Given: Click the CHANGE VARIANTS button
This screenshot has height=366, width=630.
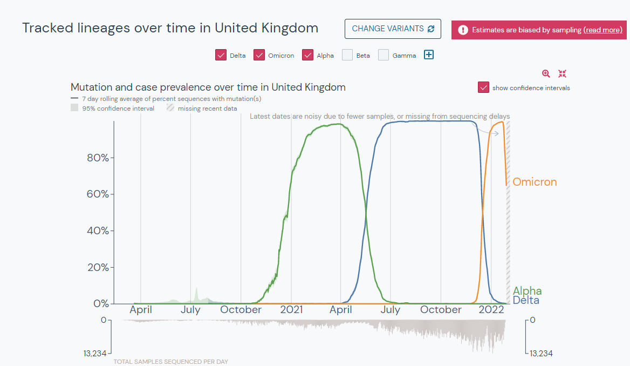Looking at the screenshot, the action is [393, 29].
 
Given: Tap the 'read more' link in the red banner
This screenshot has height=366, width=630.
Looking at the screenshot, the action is [602, 30].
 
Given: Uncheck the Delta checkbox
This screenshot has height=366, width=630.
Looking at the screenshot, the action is [221, 55].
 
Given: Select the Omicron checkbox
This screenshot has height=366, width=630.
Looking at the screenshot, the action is [259, 55].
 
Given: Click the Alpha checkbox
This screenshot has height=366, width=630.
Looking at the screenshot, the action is [308, 55].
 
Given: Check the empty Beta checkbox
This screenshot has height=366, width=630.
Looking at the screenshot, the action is [347, 55].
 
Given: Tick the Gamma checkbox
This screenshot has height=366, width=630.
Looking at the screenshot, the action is [384, 55].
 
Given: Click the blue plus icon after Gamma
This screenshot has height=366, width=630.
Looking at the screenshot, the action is [429, 55].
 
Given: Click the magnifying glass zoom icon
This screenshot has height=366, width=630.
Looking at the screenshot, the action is [546, 73].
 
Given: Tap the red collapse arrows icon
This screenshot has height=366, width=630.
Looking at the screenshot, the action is [562, 73].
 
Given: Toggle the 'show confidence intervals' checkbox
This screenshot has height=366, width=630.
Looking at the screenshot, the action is [483, 87].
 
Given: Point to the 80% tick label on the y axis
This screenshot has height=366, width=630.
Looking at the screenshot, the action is [98, 158].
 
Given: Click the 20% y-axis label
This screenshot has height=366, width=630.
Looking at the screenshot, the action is [98, 267].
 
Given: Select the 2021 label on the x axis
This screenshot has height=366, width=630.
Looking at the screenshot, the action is [291, 310].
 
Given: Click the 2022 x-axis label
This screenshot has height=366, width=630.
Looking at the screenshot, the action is [491, 310].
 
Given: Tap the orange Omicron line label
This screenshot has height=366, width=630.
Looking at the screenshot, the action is [535, 182].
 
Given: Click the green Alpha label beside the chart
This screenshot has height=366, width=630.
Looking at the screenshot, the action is [527, 290].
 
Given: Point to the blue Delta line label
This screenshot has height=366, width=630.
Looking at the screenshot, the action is [526, 300].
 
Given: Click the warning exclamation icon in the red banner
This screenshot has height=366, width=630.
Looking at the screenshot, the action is [463, 30].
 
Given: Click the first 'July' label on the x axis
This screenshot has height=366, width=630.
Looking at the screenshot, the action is [190, 310].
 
